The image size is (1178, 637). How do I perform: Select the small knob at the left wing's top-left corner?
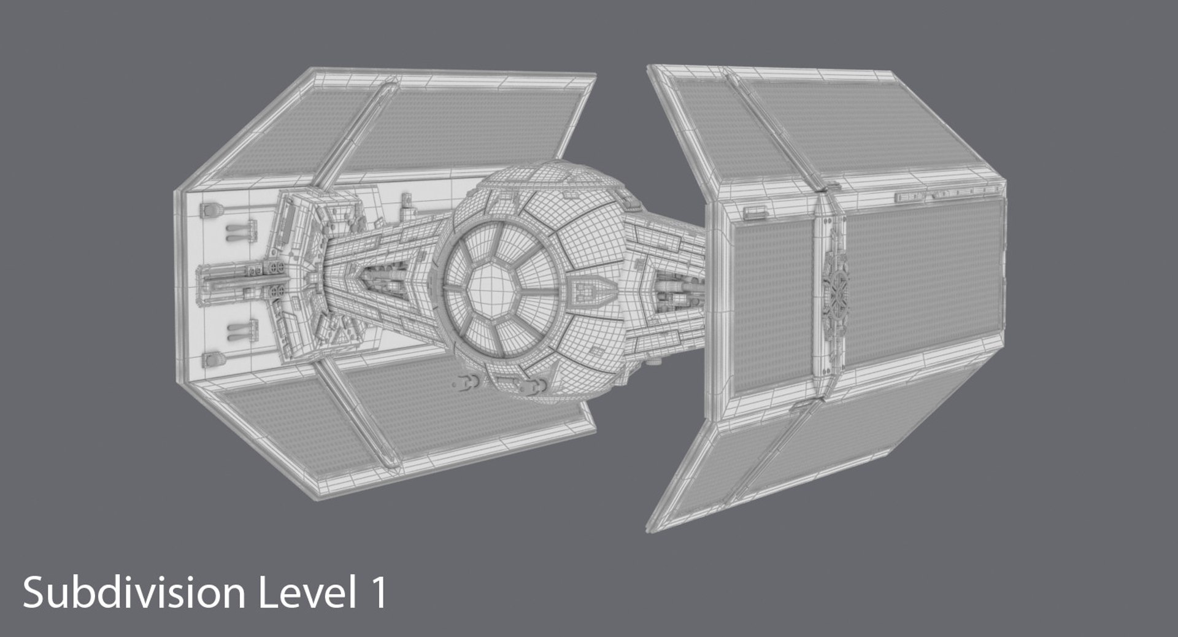(207, 210)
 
